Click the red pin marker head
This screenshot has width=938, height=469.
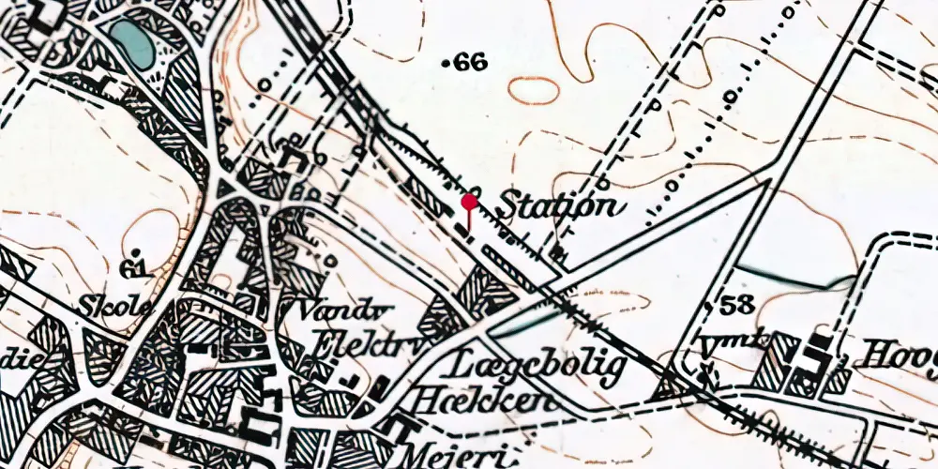coord(470,201)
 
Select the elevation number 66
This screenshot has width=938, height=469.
coord(471,63)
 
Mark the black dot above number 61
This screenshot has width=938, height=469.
coord(138,252)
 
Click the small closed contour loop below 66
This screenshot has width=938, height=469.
coord(534,90)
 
